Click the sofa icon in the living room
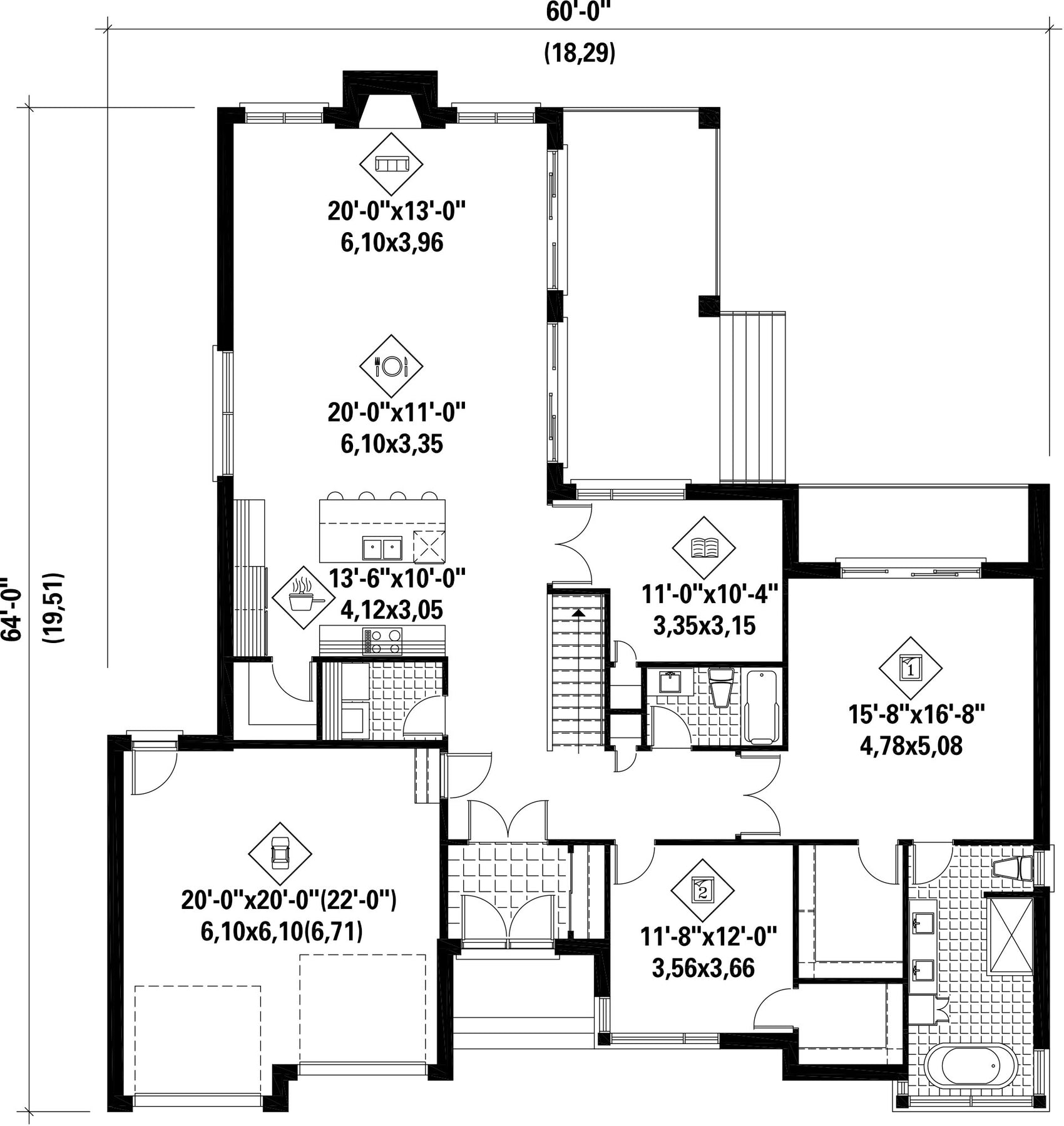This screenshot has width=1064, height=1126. pyautogui.click(x=391, y=164)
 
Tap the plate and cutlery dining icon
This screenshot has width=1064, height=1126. pyautogui.click(x=391, y=366)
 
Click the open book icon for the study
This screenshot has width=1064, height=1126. pyautogui.click(x=703, y=548)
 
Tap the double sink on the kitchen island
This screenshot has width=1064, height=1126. pyautogui.click(x=382, y=549)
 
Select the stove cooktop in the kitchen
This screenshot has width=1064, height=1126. pyautogui.click(x=382, y=641)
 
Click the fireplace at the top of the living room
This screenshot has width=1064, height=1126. pyautogui.click(x=390, y=100)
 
